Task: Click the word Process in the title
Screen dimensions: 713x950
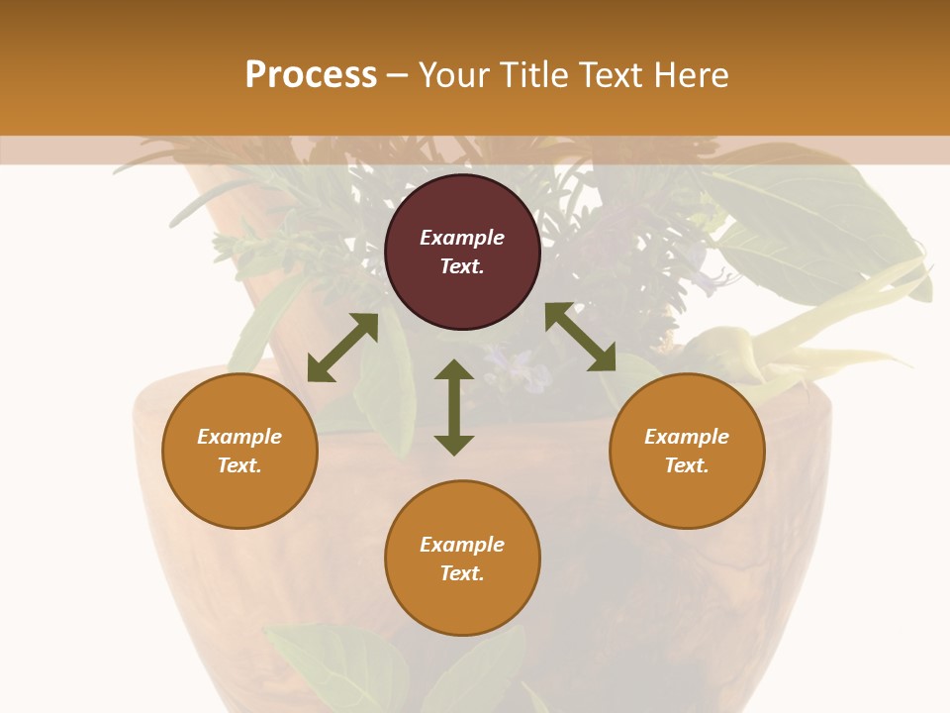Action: click(x=311, y=75)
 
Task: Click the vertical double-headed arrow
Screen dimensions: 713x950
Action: click(x=454, y=407)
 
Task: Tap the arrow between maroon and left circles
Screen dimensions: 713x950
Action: click(x=342, y=348)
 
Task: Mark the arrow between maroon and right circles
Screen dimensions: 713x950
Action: click(x=580, y=338)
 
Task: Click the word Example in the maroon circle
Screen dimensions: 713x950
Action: click(x=462, y=238)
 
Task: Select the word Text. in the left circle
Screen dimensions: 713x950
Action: click(x=239, y=465)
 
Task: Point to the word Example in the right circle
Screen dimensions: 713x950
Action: click(x=687, y=437)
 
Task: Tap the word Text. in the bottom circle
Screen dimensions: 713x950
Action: click(x=462, y=573)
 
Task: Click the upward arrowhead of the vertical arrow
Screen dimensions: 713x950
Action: click(x=454, y=370)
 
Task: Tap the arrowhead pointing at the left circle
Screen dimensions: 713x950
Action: click(x=319, y=370)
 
